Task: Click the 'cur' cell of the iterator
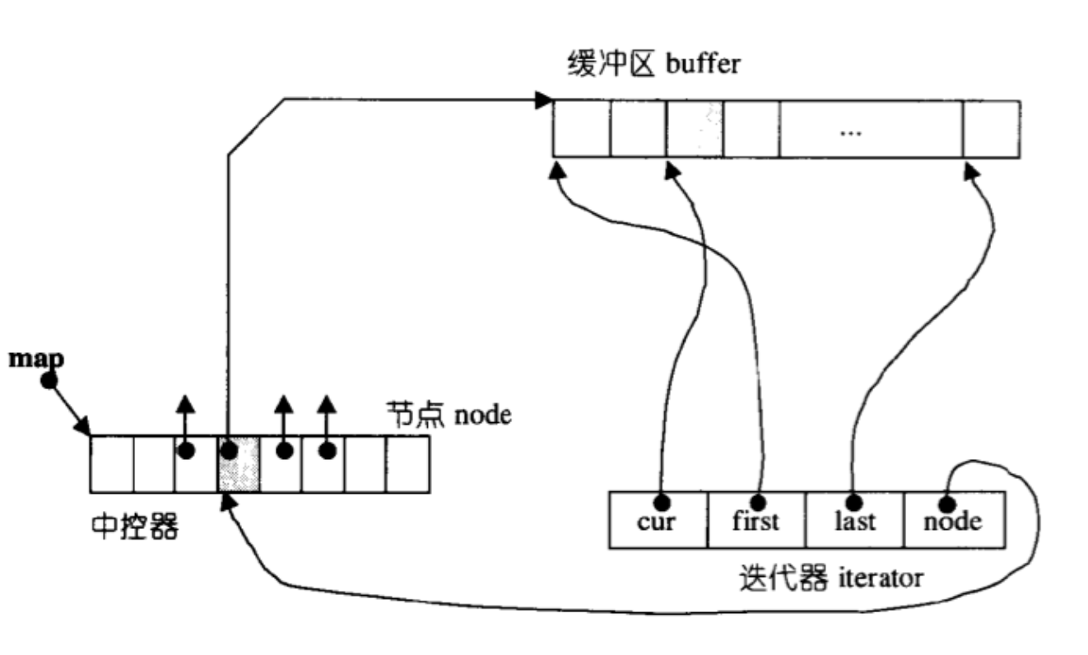tap(658, 520)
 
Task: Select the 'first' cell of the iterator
tap(756, 520)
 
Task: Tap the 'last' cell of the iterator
tap(855, 520)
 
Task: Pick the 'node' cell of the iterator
tap(955, 520)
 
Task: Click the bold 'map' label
tap(36, 360)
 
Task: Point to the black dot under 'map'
tap(49, 380)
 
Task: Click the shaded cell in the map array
tap(239, 464)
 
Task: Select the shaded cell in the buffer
tap(695, 129)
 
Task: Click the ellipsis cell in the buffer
tap(872, 129)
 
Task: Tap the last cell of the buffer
tap(992, 129)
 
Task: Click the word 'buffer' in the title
tap(703, 64)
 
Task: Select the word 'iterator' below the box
tap(881, 578)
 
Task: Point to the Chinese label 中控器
tap(135, 526)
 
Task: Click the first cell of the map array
tap(112, 464)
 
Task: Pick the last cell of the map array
tap(408, 464)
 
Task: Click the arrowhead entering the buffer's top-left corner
tap(544, 100)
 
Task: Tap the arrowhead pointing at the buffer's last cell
tap(971, 171)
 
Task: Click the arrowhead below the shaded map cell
tap(227, 502)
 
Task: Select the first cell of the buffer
tap(582, 129)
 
